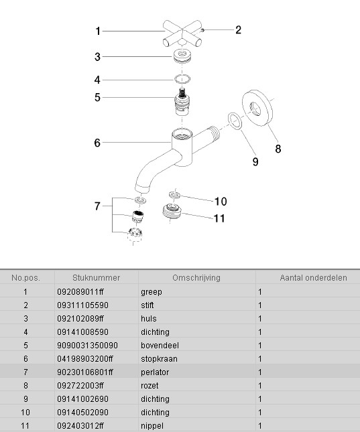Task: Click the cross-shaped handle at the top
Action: pos(182,33)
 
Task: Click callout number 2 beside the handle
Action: pos(239,30)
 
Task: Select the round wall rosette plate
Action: pos(257,108)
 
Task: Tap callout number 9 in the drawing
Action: pos(255,161)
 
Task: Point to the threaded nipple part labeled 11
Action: pos(172,212)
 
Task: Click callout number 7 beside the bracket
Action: pos(97,206)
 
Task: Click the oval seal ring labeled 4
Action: pos(182,79)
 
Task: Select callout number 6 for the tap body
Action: pos(97,143)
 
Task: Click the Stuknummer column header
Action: pos(96,278)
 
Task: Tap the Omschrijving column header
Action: pos(196,278)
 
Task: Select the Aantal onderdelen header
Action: pos(313,278)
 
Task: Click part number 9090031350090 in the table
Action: pos(87,345)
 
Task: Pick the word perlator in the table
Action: pos(155,372)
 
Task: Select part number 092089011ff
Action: pos(80,292)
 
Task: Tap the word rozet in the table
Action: pos(149,385)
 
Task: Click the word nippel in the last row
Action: pos(152,426)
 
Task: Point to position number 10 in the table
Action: pos(25,412)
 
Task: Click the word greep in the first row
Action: pos(151,292)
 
